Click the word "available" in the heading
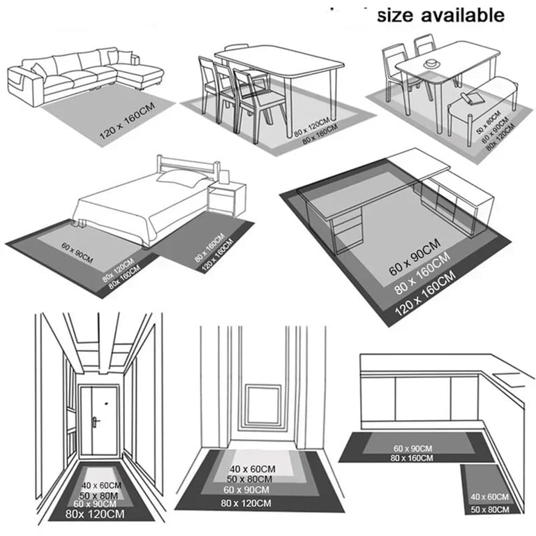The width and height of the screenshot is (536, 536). click(463, 15)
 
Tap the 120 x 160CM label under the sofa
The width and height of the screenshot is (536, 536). click(127, 121)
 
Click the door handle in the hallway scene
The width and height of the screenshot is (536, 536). click(94, 421)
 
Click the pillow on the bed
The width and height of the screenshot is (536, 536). click(181, 178)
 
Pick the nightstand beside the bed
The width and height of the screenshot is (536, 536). click(227, 198)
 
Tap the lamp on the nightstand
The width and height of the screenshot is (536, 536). click(223, 177)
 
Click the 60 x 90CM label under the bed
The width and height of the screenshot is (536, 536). click(77, 253)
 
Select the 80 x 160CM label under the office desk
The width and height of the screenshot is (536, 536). click(422, 274)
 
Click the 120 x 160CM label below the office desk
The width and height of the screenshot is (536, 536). click(425, 293)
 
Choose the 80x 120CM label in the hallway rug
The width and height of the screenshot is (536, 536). click(95, 514)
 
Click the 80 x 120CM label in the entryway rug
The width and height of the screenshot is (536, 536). click(246, 503)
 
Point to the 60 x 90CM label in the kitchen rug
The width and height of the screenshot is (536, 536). click(412, 449)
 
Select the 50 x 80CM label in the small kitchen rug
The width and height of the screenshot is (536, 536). click(490, 509)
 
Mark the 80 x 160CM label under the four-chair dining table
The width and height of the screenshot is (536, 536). click(320, 134)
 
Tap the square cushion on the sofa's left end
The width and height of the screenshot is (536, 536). click(39, 71)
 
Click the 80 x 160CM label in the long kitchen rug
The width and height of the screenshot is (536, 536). click(412, 458)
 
